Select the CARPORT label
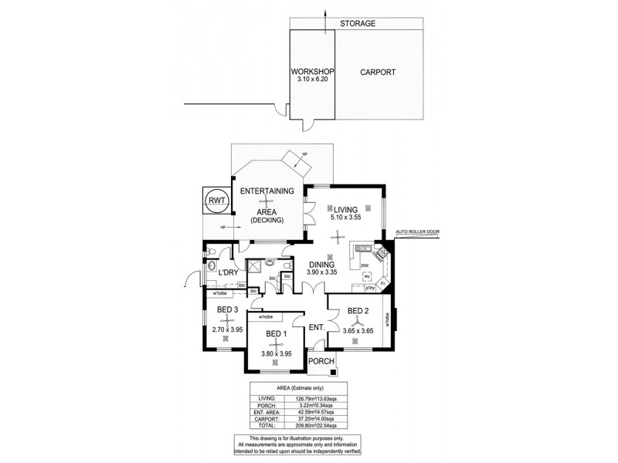(378, 73)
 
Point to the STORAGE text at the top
(358, 24)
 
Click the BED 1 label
(277, 333)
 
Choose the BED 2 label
(358, 311)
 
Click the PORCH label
(321, 362)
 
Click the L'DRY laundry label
(227, 273)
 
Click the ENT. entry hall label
(316, 327)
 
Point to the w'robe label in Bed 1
(266, 316)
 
